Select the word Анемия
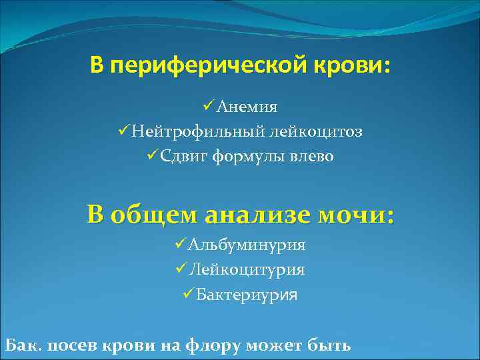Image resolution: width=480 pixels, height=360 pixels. click(x=247, y=107)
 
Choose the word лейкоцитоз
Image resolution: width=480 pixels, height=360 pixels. click(x=317, y=131)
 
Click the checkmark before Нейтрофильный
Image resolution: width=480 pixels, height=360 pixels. click(x=121, y=131)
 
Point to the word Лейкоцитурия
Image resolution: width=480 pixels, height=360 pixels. click(x=247, y=269)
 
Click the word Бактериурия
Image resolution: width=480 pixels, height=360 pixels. click(x=247, y=294)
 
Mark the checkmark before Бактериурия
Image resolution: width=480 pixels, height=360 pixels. click(x=187, y=293)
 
